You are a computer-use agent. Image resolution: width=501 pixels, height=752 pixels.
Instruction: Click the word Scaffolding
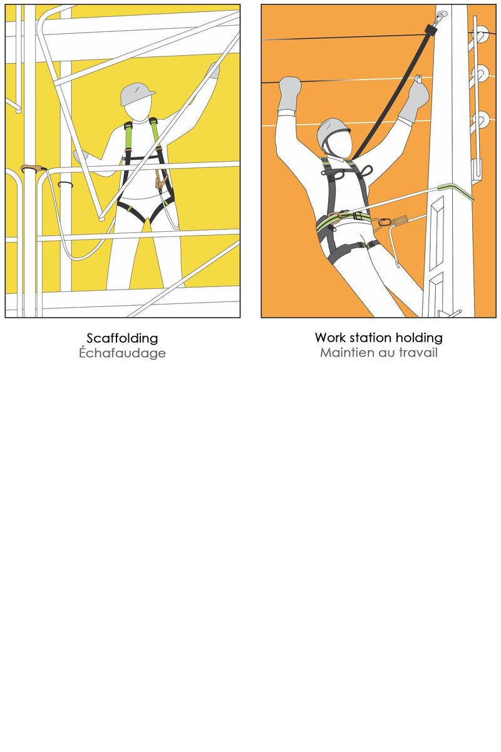[122, 338]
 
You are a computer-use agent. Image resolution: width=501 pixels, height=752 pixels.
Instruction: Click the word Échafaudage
[122, 352]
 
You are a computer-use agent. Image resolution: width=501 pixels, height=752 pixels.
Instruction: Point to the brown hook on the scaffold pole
[33, 168]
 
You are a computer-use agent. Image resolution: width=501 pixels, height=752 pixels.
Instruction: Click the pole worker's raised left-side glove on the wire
[289, 94]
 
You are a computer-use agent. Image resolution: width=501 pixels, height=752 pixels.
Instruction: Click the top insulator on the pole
[481, 34]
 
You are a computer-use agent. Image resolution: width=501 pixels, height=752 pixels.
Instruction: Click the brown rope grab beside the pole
[400, 221]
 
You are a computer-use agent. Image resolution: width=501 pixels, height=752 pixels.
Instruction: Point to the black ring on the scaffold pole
[65, 184]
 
